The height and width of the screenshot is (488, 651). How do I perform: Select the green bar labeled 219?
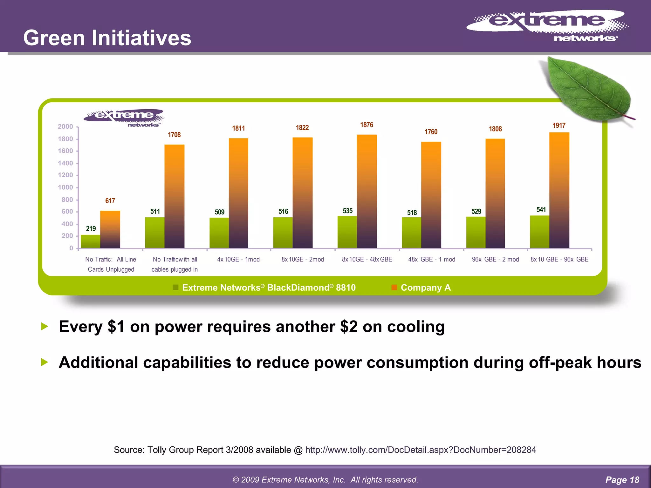click(90, 241)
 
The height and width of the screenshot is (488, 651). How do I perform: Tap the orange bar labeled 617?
click(110, 229)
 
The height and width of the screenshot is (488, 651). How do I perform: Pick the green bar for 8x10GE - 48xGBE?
click(347, 232)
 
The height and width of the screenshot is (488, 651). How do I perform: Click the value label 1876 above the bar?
click(367, 125)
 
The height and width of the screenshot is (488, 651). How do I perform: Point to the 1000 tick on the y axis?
click(65, 187)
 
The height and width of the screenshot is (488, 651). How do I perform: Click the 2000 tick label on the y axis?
click(65, 127)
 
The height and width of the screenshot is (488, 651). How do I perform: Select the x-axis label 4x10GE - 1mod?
click(238, 260)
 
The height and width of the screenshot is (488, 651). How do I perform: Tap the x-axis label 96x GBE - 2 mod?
click(495, 260)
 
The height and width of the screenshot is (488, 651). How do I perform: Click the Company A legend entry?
click(425, 288)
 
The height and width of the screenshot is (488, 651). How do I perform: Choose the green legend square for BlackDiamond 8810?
click(175, 288)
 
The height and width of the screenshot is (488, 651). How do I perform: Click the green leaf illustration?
click(588, 89)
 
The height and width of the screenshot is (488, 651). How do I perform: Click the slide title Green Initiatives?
click(107, 38)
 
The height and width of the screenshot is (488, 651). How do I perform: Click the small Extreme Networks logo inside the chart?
click(124, 118)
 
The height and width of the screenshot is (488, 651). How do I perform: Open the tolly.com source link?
click(420, 450)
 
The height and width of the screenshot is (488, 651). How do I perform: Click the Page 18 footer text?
click(622, 480)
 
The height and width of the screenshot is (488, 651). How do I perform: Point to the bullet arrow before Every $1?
click(45, 326)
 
